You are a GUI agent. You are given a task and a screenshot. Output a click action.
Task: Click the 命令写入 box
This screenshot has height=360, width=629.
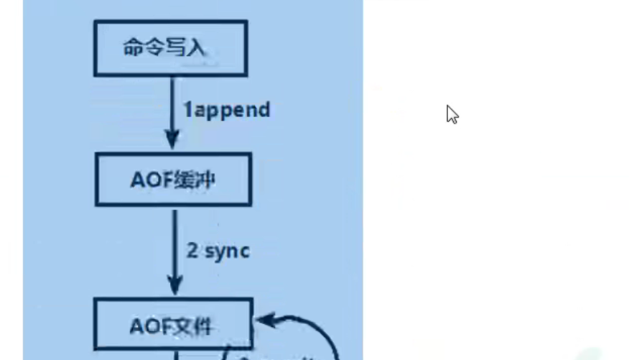[x=170, y=48]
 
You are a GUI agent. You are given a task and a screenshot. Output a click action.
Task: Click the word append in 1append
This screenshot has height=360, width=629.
[x=233, y=110]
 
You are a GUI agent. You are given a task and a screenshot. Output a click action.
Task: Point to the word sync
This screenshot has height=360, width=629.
[x=228, y=250]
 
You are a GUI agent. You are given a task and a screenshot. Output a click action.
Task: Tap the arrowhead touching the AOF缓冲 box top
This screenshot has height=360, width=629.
[x=172, y=141]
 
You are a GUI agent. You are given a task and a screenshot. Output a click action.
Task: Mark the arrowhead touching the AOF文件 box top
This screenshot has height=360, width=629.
[x=174, y=286]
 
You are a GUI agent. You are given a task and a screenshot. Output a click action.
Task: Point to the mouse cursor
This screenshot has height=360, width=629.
[x=451, y=114]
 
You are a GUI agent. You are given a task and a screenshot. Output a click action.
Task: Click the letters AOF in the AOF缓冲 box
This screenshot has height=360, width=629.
[x=148, y=180]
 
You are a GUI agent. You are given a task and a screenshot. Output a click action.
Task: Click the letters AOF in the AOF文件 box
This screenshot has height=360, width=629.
[x=148, y=326]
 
